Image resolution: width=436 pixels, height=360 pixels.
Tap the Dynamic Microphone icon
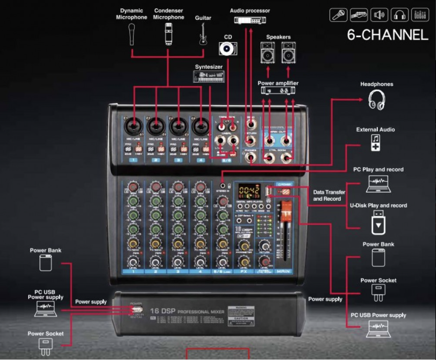point(132,34)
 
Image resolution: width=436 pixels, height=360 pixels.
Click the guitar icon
point(203,34)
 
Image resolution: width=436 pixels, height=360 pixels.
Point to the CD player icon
point(228,49)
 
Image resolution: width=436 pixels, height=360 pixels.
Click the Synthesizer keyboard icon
point(209,77)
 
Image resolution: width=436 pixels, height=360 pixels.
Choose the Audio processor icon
point(250,21)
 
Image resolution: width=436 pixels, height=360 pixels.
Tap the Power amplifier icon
point(278,90)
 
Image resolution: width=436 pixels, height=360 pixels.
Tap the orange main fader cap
point(286,210)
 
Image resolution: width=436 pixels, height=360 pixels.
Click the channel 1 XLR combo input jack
point(133,126)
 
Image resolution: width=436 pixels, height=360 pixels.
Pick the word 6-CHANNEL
point(388,35)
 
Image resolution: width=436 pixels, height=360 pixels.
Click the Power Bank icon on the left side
point(46,263)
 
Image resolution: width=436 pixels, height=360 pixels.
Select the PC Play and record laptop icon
point(378,184)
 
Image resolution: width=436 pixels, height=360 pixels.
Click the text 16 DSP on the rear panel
point(162,311)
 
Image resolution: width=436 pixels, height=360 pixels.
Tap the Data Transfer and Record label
point(329,195)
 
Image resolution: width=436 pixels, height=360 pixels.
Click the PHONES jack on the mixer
point(251,157)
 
